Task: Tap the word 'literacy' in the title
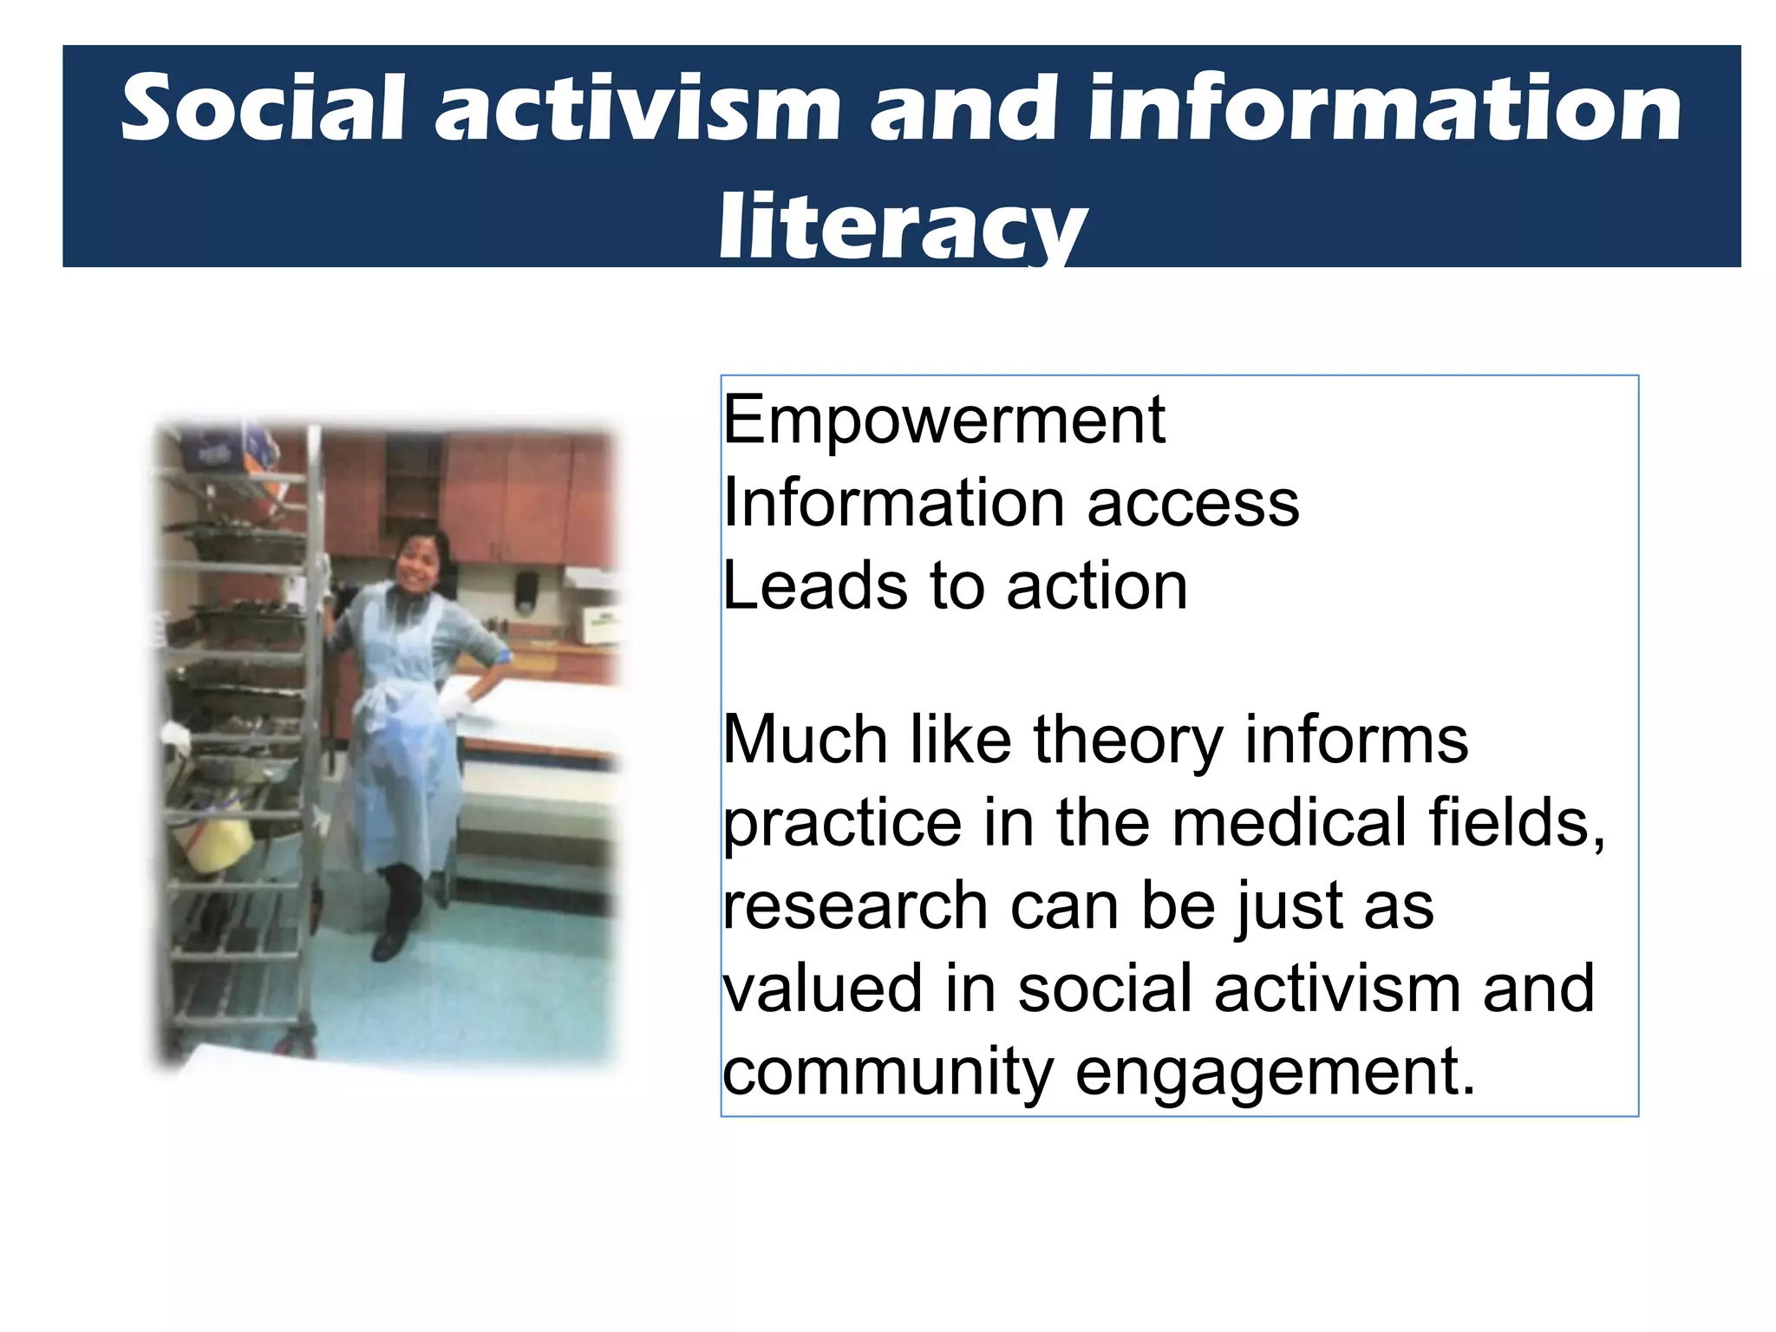coord(902,227)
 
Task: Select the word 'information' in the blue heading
coord(1384,108)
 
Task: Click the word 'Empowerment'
coord(943,421)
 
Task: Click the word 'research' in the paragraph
coord(856,906)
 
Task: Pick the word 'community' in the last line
coord(888,1074)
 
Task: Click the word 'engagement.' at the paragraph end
coord(1275,1074)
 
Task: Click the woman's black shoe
coord(389,944)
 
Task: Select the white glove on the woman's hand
coord(454,699)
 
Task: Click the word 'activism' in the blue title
coord(637,108)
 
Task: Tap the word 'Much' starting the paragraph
coord(806,742)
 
